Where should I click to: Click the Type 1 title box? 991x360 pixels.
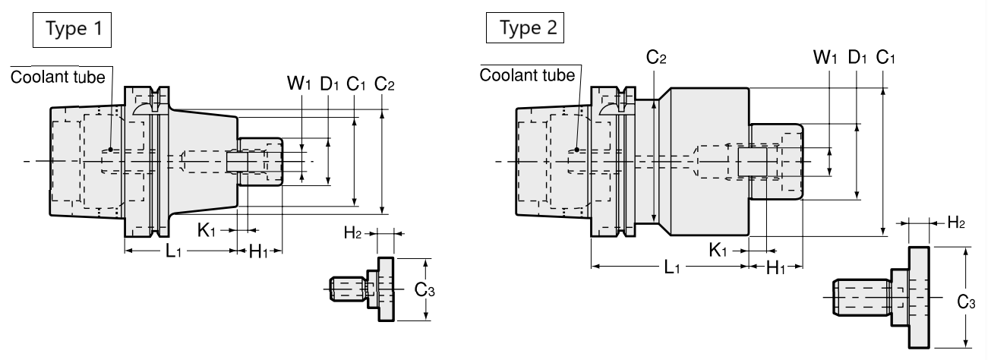72,30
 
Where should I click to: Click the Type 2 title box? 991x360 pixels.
525,28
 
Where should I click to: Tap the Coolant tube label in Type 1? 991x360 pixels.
58,77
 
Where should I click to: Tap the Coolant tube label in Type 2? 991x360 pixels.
527,75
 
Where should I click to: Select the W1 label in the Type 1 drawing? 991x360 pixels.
299,83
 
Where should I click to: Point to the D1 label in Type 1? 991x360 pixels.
329,83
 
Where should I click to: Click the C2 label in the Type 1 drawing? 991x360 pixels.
384,84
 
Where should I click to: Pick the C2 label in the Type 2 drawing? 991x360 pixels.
656,58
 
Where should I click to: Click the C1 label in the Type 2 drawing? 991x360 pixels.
885,58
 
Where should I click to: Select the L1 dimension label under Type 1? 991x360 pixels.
173,251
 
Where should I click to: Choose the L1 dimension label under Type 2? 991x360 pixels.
672,267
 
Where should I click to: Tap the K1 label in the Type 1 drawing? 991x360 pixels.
206,230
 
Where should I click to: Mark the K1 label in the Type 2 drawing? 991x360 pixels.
718,251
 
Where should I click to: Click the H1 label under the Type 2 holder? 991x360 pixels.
775,267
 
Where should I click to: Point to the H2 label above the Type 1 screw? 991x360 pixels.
352,232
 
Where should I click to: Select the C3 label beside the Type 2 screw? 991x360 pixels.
966,302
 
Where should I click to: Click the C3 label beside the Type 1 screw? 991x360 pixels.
424,289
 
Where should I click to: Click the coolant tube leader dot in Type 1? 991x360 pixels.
111,150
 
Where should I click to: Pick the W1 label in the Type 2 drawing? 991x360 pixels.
825,58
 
